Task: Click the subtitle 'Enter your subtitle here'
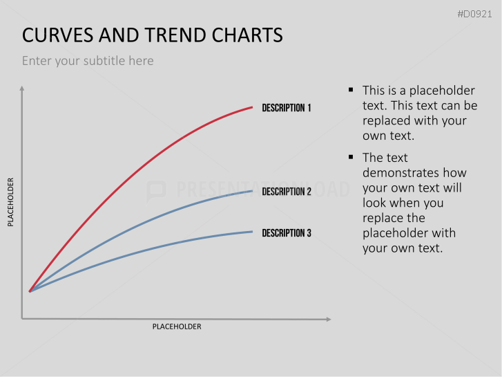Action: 88,61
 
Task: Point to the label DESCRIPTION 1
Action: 287,108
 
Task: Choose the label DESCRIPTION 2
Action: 287,192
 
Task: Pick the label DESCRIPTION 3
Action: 287,233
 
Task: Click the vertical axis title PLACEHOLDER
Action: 10,202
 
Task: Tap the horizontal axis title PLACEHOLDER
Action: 177,327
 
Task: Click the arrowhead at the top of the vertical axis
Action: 22,89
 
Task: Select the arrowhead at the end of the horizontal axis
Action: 328,319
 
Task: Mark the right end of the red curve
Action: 253,107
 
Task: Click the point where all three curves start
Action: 29,291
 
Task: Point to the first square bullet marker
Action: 351,90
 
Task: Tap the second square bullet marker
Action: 351,157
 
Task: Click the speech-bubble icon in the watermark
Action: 157,190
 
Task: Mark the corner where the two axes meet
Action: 22,319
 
